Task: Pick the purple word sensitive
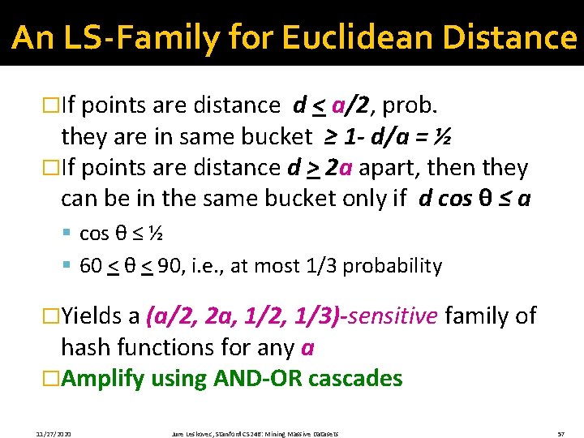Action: (397, 316)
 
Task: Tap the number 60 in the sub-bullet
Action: (90, 266)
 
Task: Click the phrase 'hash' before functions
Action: (85, 347)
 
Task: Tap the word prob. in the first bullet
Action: (411, 105)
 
